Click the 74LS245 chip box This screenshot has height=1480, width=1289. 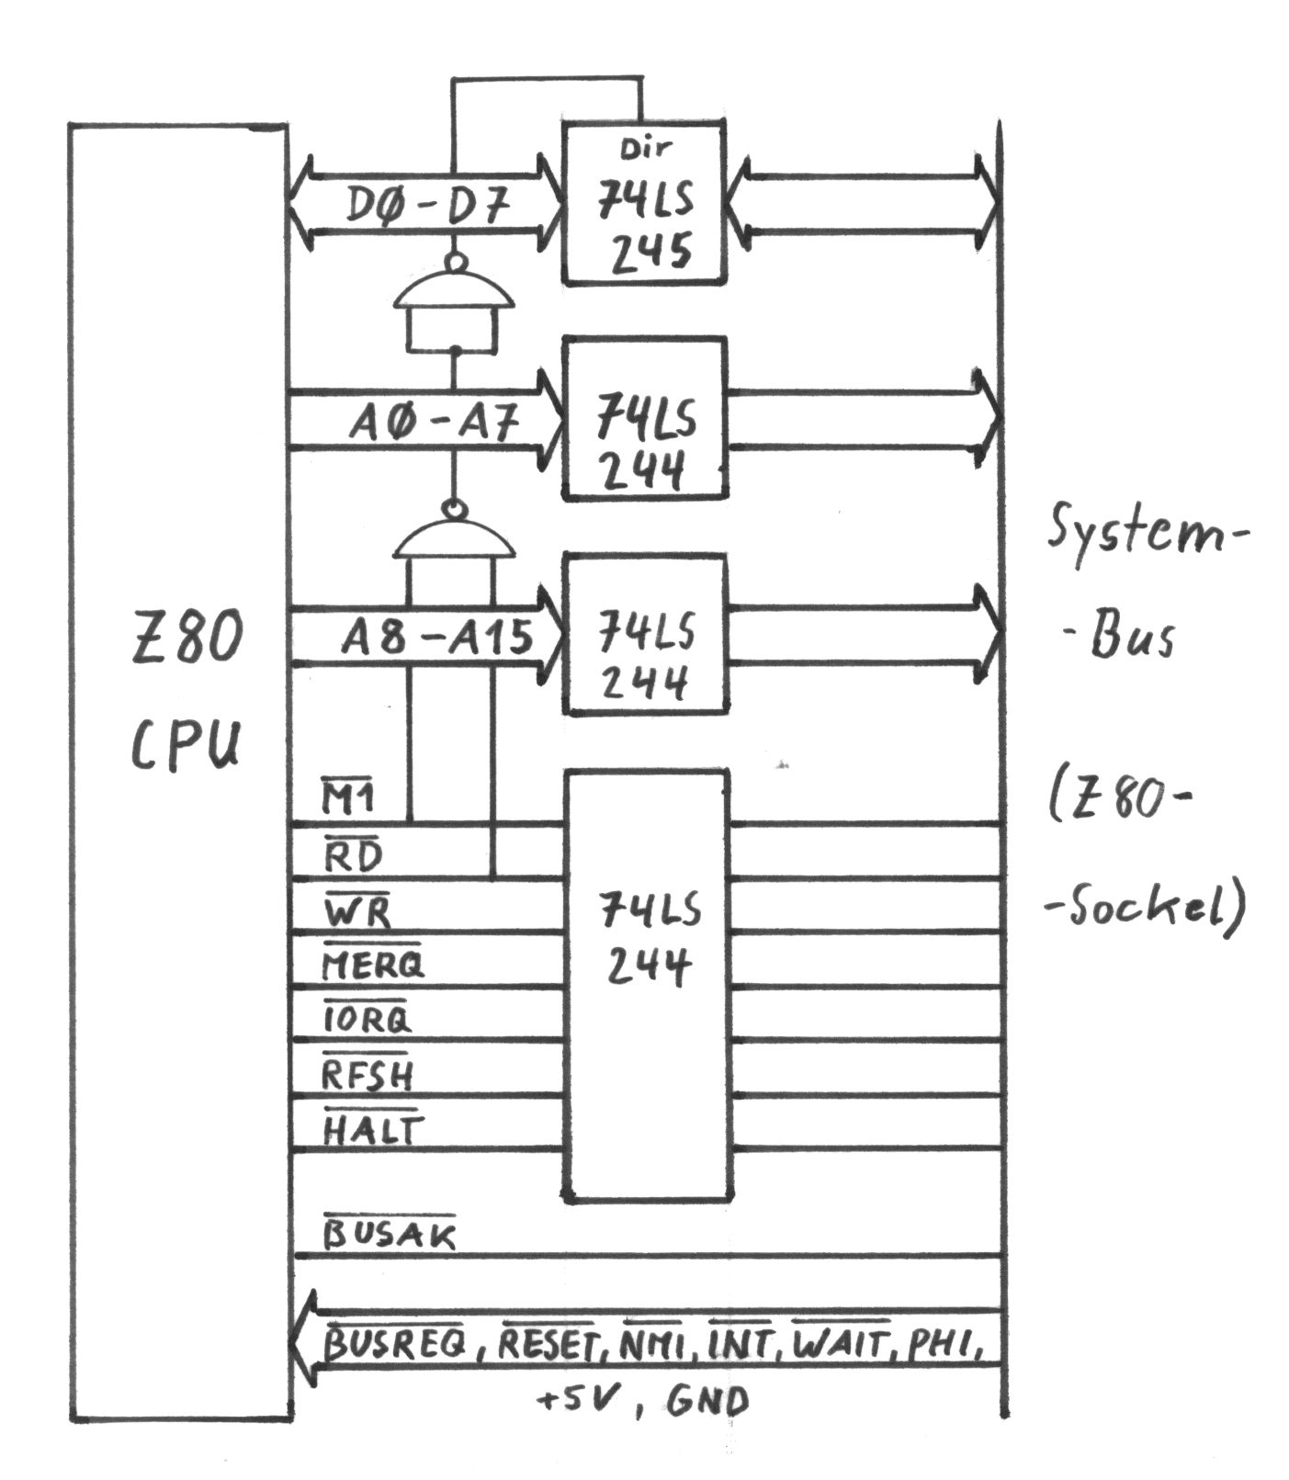click(x=645, y=204)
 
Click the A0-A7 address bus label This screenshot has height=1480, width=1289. click(x=435, y=425)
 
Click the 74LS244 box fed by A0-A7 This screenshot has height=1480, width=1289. click(x=645, y=419)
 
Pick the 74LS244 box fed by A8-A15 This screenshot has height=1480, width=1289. click(x=645, y=634)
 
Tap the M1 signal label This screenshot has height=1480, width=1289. click(x=347, y=797)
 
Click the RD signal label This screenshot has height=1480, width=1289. click(x=352, y=856)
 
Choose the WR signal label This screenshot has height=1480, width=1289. click(x=356, y=912)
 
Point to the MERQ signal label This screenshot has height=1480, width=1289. click(x=373, y=965)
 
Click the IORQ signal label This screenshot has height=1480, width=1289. click(x=367, y=1018)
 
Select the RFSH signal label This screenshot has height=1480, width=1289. click(x=367, y=1073)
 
